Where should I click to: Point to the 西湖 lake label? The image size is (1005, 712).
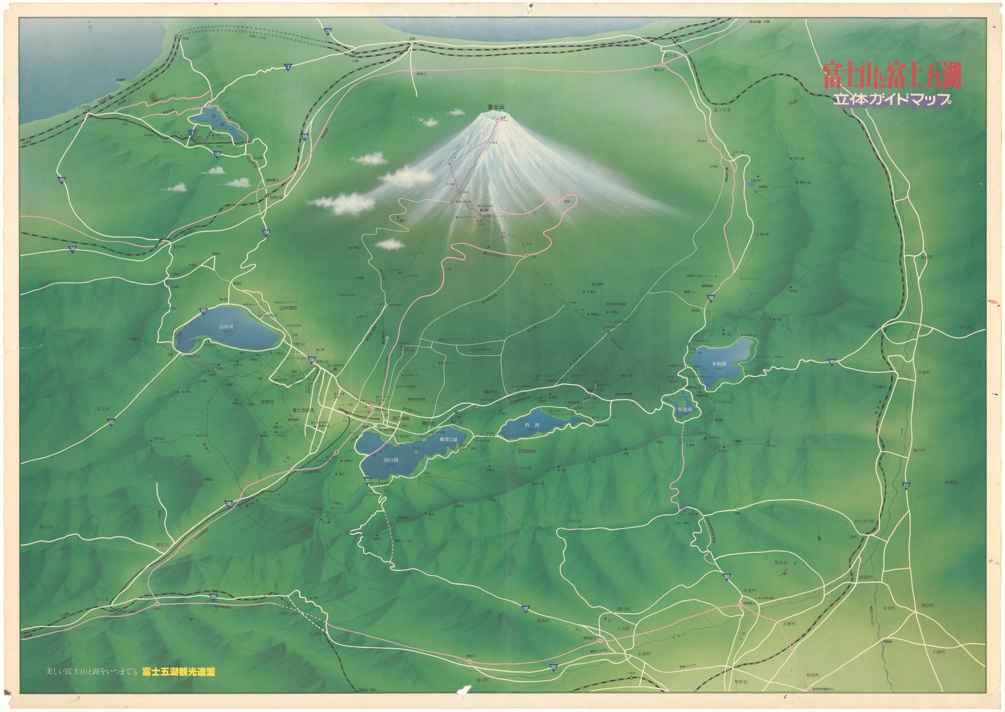point(528,425)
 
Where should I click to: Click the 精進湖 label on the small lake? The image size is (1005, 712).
point(685,409)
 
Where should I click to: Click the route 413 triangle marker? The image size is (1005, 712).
point(204,311)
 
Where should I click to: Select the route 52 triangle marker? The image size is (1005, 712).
point(906,485)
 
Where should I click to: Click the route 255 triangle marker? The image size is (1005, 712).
point(62,180)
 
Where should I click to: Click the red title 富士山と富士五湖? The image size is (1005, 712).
point(891,75)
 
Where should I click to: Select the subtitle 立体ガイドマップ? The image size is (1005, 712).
point(892,100)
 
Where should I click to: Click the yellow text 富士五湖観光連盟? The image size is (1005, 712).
point(179,672)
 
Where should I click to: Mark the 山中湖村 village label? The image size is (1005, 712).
point(288,308)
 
